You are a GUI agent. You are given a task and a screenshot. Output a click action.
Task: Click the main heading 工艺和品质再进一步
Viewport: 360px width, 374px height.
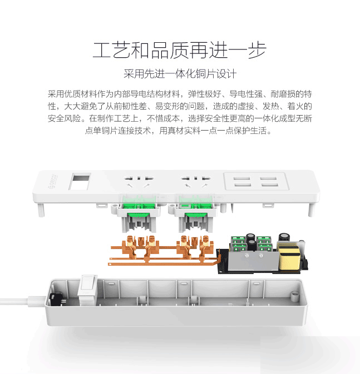179,50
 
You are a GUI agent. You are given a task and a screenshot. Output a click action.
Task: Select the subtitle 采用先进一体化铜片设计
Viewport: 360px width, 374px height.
180,74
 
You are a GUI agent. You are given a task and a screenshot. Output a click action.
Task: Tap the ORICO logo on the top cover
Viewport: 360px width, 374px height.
53,181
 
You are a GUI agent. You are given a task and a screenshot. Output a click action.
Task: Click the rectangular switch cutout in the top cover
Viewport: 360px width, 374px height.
80,182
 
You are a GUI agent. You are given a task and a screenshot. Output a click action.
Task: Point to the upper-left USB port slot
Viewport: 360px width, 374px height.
241,178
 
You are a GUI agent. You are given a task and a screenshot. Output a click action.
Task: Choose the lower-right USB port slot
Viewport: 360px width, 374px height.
270,185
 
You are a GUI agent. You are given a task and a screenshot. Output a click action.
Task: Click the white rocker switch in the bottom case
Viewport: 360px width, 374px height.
87,290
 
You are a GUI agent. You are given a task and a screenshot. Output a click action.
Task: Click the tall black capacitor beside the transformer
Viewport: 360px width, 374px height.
284,238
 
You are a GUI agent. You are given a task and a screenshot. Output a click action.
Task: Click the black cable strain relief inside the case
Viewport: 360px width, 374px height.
56,299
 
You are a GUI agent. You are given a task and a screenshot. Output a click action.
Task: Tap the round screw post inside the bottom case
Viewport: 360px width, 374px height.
294,297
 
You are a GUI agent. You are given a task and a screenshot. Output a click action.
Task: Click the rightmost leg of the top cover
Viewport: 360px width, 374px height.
311,210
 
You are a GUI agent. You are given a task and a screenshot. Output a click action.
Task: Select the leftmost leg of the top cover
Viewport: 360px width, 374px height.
41,210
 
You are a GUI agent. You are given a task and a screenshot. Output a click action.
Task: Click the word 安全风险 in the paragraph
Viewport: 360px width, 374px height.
64,118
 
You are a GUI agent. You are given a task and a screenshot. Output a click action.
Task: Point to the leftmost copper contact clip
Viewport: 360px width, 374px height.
130,247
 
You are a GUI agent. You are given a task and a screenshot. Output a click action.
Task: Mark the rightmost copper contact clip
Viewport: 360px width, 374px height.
206,247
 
